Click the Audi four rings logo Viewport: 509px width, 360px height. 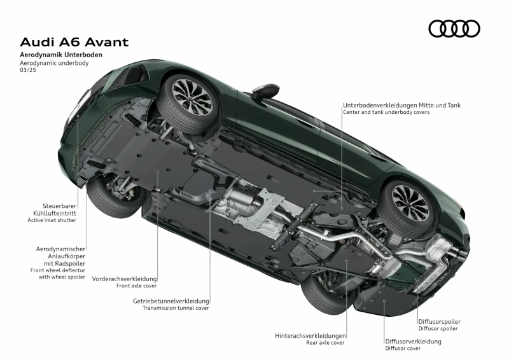[454, 29]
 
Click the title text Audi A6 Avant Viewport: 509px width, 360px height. [74, 42]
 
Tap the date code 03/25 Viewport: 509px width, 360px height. [28, 70]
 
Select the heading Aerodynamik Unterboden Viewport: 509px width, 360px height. [61, 55]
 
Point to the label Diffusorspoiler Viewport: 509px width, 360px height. [439, 322]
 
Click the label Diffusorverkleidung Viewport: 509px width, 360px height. [413, 341]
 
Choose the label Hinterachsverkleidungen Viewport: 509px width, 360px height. [310, 336]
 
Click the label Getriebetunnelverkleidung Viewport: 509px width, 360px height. [171, 301]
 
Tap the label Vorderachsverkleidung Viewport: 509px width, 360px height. [124, 279]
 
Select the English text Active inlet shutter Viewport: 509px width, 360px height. [52, 220]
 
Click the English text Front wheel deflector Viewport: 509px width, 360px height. [58, 270]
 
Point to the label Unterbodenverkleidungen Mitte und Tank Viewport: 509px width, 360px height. [402, 105]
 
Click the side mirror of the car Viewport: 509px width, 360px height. [265, 91]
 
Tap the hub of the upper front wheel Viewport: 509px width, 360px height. [192, 97]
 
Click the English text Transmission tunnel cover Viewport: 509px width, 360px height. [176, 308]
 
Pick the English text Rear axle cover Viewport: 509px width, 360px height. [325, 342]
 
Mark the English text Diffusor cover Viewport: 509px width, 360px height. [403, 349]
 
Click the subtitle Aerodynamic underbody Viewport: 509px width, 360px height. [54, 63]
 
